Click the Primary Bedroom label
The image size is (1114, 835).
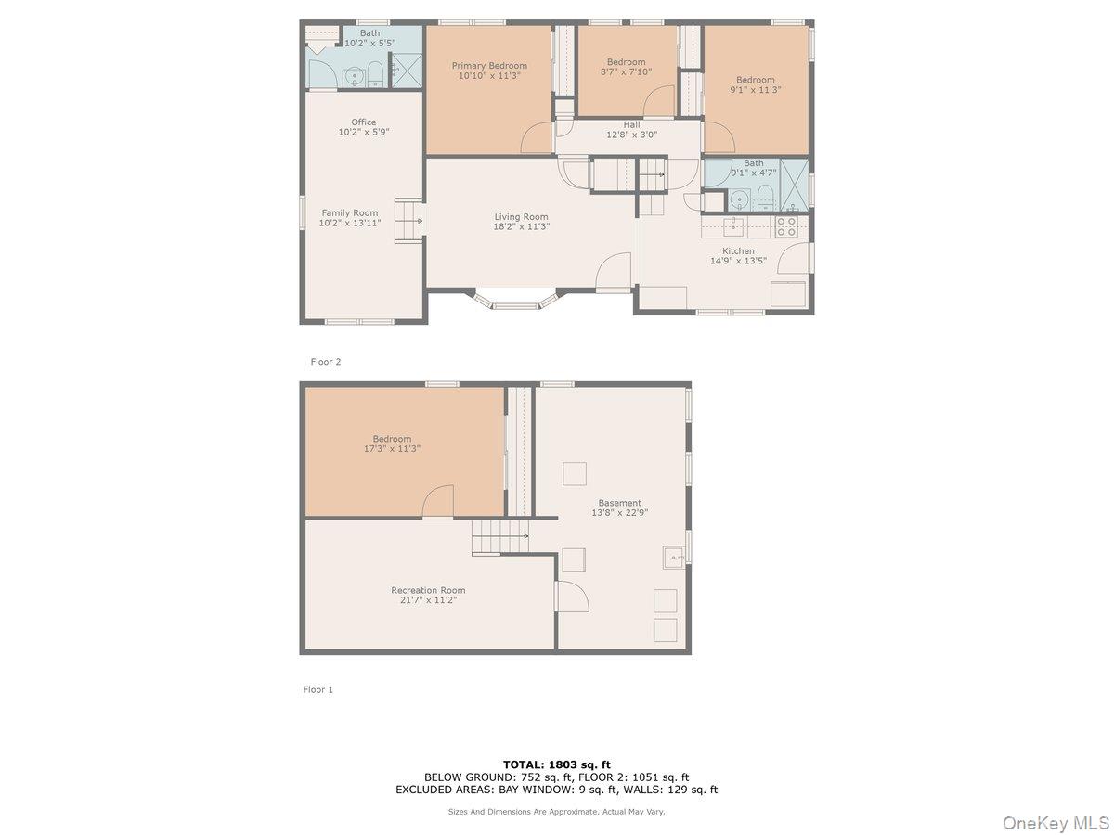[x=489, y=66]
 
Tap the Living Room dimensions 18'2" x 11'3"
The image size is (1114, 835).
[x=522, y=226]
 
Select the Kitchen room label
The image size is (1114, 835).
[x=738, y=250]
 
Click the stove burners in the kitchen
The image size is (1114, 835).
[x=786, y=226]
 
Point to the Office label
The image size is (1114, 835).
[x=364, y=122]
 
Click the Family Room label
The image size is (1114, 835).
[x=350, y=212]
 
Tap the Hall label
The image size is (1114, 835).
[x=631, y=124]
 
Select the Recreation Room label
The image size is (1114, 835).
[x=428, y=590]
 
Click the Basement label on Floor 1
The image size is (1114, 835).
[x=619, y=503]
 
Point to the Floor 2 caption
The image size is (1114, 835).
[x=326, y=362]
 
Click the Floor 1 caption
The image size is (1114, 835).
[x=317, y=689]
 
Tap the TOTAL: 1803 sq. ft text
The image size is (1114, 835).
[x=557, y=764]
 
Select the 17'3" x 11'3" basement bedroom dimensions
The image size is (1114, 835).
[x=391, y=449]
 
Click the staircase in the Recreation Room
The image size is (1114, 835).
[x=500, y=537]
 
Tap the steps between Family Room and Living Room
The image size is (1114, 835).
[x=409, y=221]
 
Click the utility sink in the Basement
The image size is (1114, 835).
[x=674, y=557]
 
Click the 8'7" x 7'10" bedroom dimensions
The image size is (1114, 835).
[x=626, y=71]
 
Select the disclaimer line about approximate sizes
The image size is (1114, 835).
[x=557, y=811]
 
